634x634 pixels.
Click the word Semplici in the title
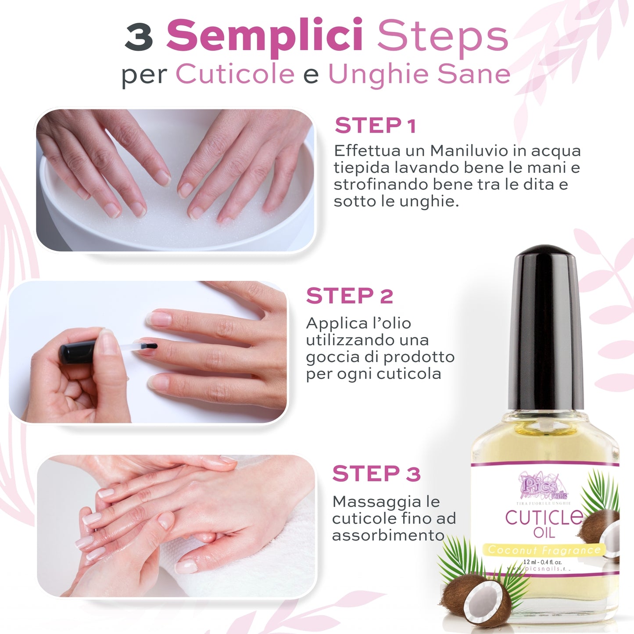265,36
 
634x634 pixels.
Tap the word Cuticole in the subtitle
235,74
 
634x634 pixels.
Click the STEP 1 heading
375,126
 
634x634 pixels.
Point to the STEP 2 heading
349,296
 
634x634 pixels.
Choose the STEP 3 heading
376,474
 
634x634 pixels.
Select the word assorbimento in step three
388,536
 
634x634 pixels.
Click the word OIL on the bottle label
544,533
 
